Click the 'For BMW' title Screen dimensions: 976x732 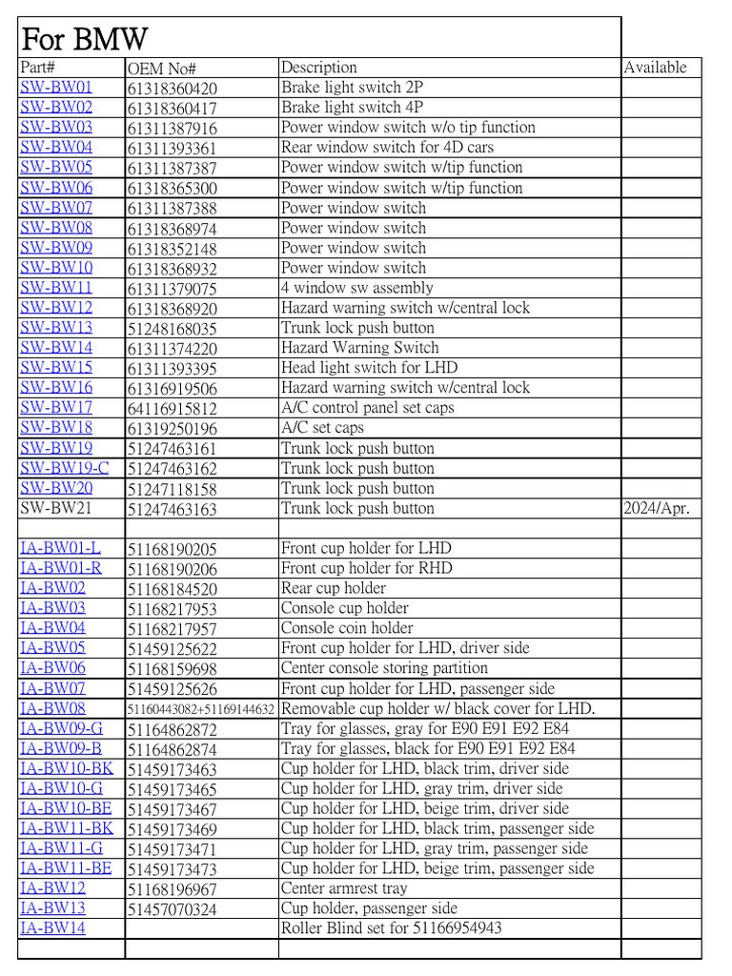[x=85, y=40]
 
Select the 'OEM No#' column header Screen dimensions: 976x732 [x=161, y=69]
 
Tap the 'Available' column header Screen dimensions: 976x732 [x=655, y=68]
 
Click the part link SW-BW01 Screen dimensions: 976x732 [x=56, y=88]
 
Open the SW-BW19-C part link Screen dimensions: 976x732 [x=65, y=468]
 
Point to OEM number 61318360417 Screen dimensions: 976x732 [x=172, y=109]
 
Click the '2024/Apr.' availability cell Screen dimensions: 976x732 [x=657, y=508]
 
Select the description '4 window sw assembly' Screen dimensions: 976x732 [x=356, y=288]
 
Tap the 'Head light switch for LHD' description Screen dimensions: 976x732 [x=369, y=368]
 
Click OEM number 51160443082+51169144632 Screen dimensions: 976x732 [x=201, y=709]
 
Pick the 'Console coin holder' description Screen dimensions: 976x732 [x=347, y=628]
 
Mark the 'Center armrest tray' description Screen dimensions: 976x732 [x=344, y=888]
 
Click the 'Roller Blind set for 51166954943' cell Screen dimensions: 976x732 [x=391, y=928]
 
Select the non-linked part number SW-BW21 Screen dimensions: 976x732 [x=56, y=508]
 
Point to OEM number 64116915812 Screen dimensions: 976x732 [x=172, y=408]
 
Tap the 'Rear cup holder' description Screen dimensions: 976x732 [x=333, y=588]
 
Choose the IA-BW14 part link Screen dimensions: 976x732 [x=52, y=928]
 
